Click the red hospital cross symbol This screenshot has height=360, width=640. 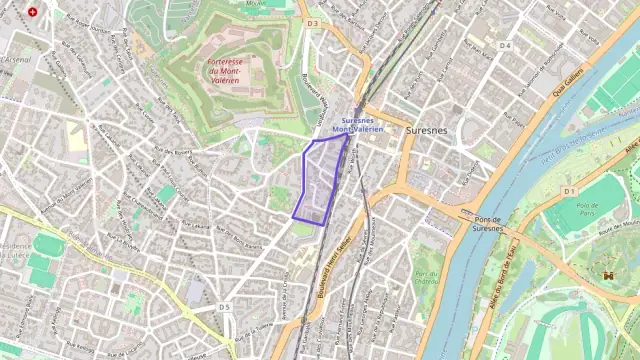click(33, 12)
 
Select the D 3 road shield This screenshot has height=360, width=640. click(312, 23)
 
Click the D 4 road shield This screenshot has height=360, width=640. click(505, 45)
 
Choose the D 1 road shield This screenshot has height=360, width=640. click(569, 190)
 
